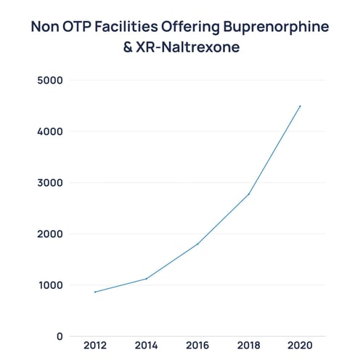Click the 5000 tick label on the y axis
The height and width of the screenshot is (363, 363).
click(x=49, y=81)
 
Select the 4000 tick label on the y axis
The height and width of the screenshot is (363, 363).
click(x=49, y=132)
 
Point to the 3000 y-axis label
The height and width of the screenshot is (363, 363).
click(x=49, y=183)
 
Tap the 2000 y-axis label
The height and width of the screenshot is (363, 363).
click(x=49, y=234)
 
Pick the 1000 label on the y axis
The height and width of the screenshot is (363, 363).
click(x=49, y=285)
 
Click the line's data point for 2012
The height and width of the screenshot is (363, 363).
click(x=95, y=292)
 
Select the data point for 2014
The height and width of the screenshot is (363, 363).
click(x=147, y=279)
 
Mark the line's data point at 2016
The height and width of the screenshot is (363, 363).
click(x=197, y=244)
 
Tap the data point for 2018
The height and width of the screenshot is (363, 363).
click(x=249, y=194)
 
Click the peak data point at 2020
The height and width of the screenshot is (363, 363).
click(x=300, y=106)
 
